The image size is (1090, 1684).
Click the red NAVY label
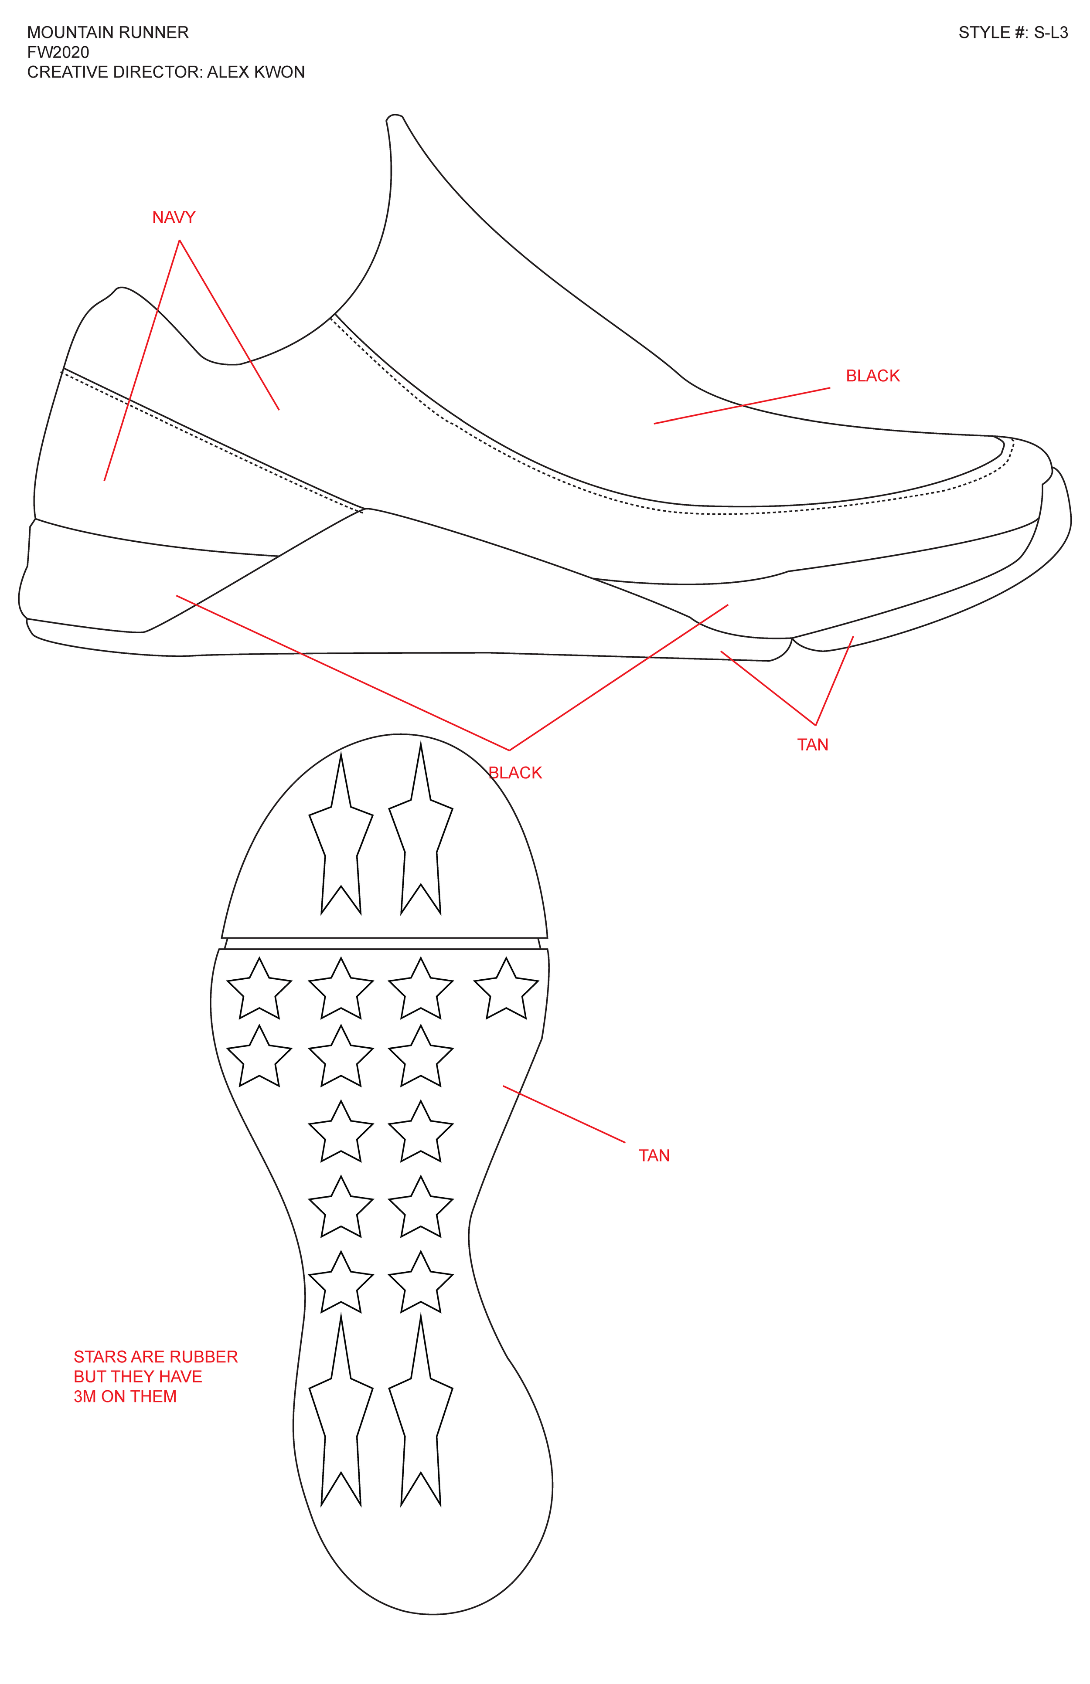point(174,217)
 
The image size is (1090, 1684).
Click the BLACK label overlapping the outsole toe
point(515,773)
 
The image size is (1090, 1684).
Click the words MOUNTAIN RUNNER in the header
point(108,33)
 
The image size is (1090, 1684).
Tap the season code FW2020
point(58,52)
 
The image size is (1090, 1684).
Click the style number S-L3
point(1050,33)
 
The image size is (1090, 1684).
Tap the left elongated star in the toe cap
point(341,842)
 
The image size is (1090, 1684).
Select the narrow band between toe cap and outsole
point(382,943)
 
